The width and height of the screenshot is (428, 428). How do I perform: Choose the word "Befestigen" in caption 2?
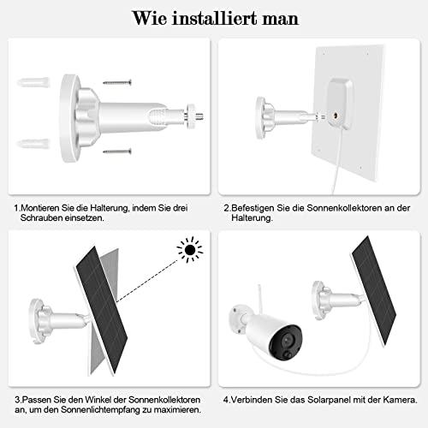point(257,207)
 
